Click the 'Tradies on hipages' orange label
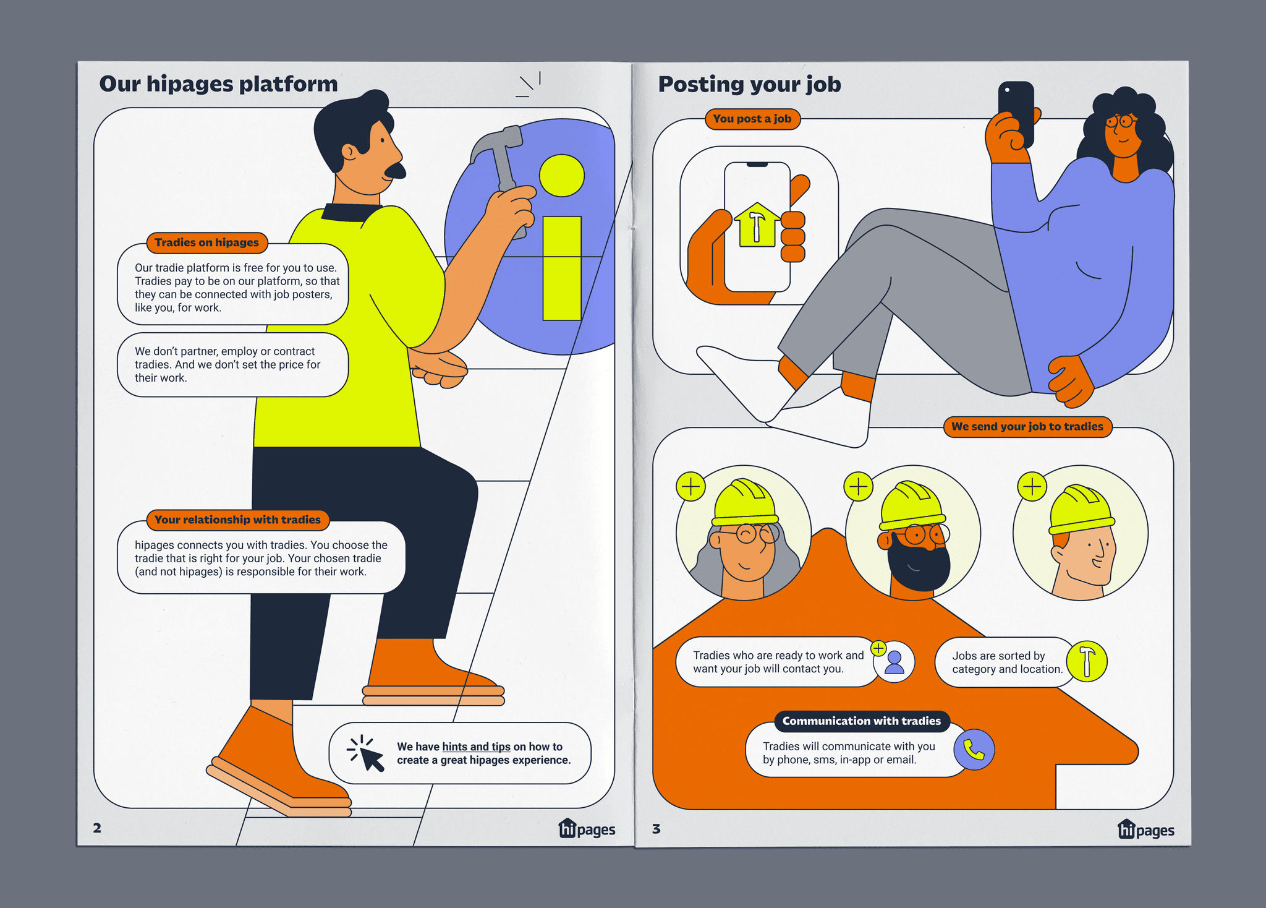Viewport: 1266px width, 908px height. pyautogui.click(x=207, y=242)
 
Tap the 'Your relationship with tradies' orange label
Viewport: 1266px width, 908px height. pyautogui.click(x=237, y=520)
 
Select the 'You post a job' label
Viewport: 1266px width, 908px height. pyautogui.click(x=752, y=119)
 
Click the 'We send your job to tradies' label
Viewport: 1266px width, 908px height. pyautogui.click(x=1027, y=426)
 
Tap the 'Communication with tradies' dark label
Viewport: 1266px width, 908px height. pyautogui.click(x=862, y=721)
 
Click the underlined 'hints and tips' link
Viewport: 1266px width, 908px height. pyautogui.click(x=476, y=747)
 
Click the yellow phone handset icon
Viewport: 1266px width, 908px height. pyautogui.click(x=974, y=750)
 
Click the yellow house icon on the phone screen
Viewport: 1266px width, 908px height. pyautogui.click(x=757, y=225)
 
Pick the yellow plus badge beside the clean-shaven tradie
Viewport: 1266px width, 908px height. pyautogui.click(x=1032, y=487)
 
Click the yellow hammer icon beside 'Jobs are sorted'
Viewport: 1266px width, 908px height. pyautogui.click(x=1087, y=661)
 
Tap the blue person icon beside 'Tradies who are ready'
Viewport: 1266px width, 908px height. pyautogui.click(x=894, y=662)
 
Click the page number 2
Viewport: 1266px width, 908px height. pyautogui.click(x=97, y=828)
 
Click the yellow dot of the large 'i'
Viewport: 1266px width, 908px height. pyautogui.click(x=562, y=176)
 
